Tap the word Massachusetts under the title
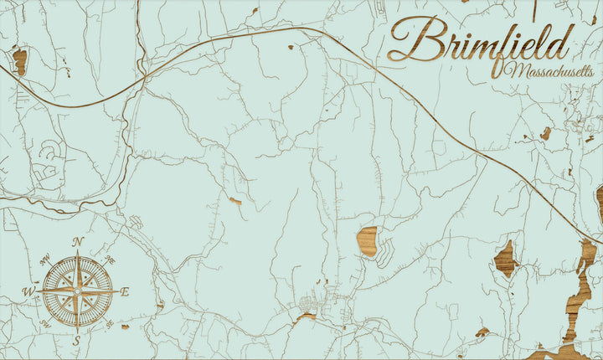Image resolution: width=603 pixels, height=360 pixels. [548, 71]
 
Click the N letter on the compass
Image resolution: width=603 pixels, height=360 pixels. [78, 242]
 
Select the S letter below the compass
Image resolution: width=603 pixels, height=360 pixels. [75, 341]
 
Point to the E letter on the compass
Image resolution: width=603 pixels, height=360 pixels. [125, 292]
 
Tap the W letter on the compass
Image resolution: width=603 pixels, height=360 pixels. [28, 292]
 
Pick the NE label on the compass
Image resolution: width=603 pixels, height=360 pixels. [110, 259]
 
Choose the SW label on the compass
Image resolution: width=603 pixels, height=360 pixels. [44, 324]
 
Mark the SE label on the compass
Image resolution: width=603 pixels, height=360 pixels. [111, 324]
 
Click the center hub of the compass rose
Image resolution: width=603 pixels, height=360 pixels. [77, 292]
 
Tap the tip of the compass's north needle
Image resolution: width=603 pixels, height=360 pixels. [77, 251]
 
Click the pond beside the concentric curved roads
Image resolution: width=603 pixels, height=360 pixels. [367, 240]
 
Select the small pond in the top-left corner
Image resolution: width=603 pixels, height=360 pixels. [19, 60]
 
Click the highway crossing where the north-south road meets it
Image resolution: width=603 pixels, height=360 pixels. [144, 78]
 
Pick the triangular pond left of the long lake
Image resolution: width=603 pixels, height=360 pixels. [504, 259]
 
